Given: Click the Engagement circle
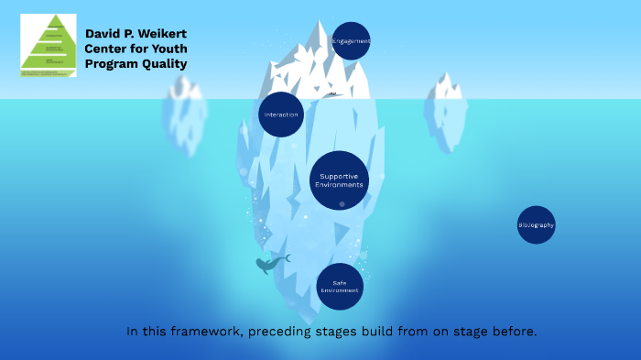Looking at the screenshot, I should coord(351,41).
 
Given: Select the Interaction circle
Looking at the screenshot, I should coord(281,115).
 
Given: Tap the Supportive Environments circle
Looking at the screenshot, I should coord(339,180).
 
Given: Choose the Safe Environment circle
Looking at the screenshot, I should coord(340,287).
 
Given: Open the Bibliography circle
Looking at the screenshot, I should coord(536,224).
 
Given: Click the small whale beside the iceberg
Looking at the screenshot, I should coord(270,266).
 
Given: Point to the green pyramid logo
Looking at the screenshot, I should coord(49,45).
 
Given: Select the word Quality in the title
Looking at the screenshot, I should coord(165,63).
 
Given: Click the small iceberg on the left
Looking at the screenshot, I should coord(184,115).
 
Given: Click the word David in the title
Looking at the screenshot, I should coord(103,33).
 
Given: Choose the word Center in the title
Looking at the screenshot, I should coord(106,49).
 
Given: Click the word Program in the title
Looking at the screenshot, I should coord(113,63).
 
